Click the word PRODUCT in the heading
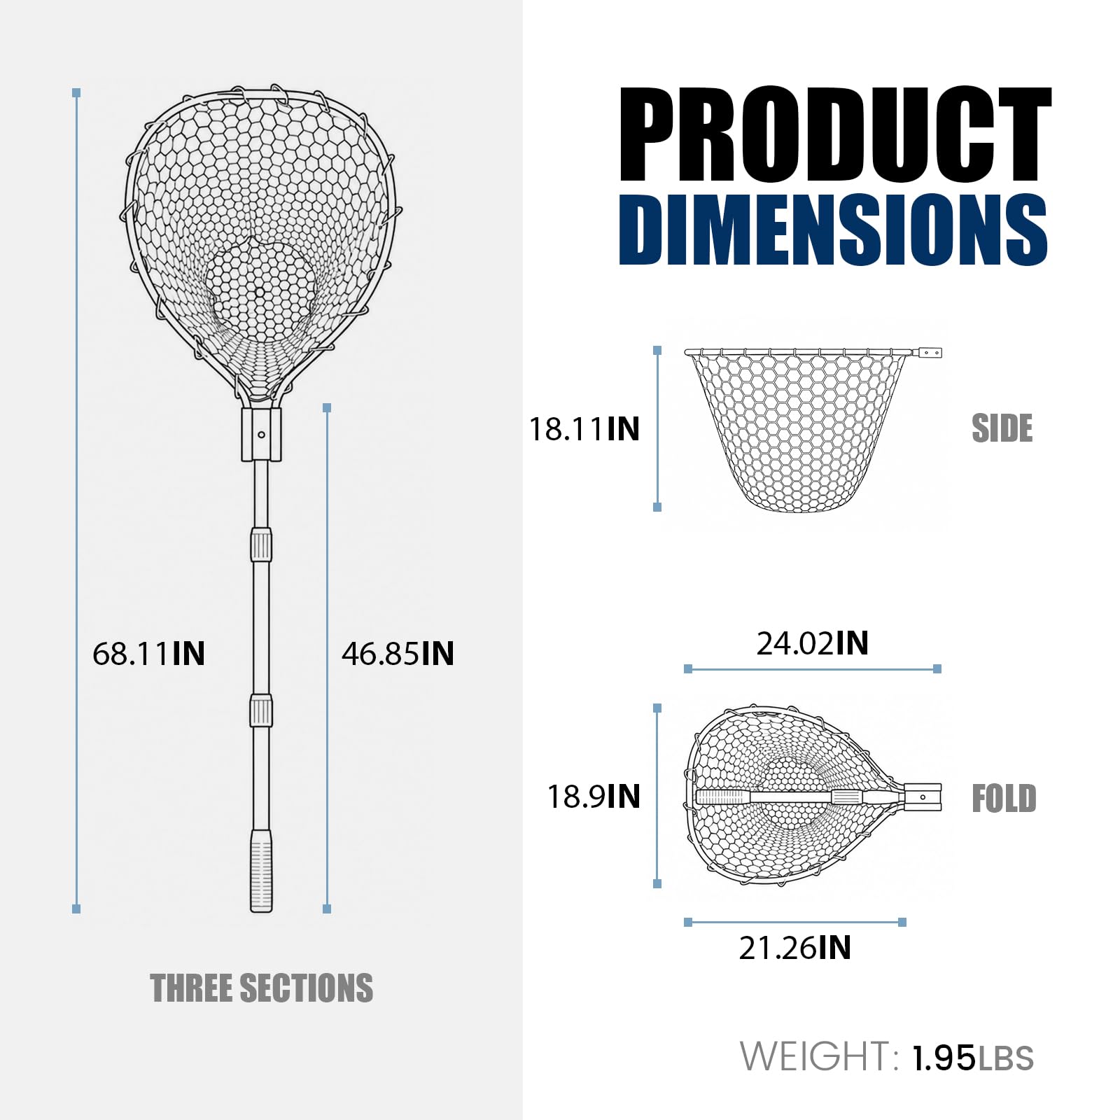pyautogui.click(x=834, y=134)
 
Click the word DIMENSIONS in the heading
pyautogui.click(x=833, y=230)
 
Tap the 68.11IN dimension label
pyautogui.click(x=148, y=654)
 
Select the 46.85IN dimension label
pyautogui.click(x=398, y=654)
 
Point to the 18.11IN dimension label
pyautogui.click(x=584, y=429)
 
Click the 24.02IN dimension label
pyautogui.click(x=812, y=643)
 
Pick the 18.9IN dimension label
pyautogui.click(x=594, y=797)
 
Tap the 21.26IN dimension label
pyautogui.click(x=795, y=948)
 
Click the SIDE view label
pyautogui.click(x=1002, y=428)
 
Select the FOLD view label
pyautogui.click(x=1004, y=799)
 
